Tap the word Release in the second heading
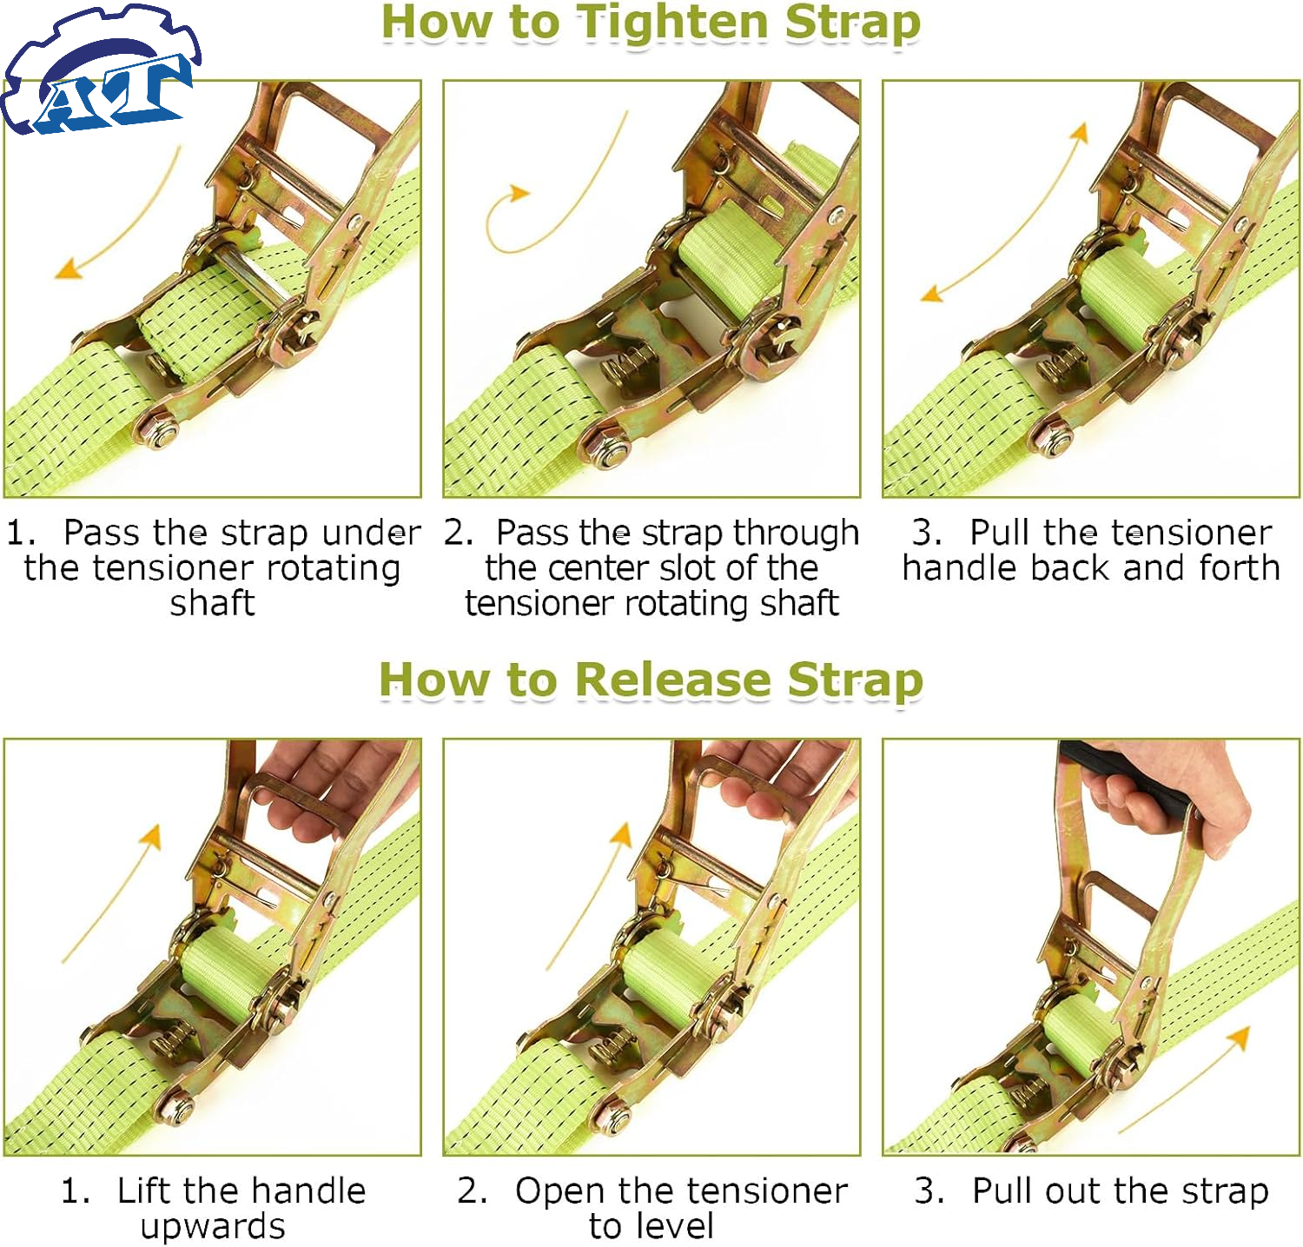click(x=672, y=680)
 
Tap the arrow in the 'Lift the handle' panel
click(x=110, y=895)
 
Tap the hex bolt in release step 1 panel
click(x=177, y=1107)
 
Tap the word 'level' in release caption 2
click(x=676, y=1226)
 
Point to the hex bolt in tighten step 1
click(x=157, y=431)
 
